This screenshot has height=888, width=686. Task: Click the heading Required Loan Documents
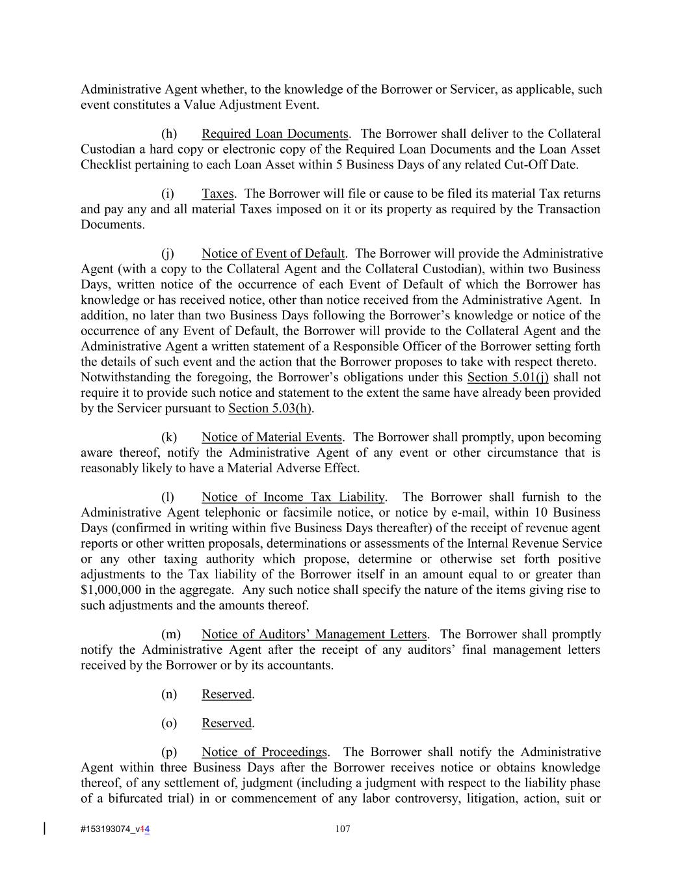pyautogui.click(x=274, y=134)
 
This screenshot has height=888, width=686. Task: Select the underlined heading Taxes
pyautogui.click(x=217, y=194)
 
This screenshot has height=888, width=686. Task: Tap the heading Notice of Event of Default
pyautogui.click(x=272, y=254)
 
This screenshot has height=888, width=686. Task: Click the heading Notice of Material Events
pyautogui.click(x=271, y=437)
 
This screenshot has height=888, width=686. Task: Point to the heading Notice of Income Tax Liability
pyautogui.click(x=293, y=497)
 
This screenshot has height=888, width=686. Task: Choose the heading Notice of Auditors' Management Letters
pyautogui.click(x=314, y=634)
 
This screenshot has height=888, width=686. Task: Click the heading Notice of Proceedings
pyautogui.click(x=264, y=752)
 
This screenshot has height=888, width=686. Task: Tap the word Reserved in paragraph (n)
pyautogui.click(x=226, y=694)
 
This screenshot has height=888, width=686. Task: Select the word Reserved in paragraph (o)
pyautogui.click(x=226, y=723)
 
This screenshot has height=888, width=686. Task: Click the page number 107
pyautogui.click(x=343, y=829)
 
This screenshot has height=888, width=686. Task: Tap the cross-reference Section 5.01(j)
pyautogui.click(x=508, y=377)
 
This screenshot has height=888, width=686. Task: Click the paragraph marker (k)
pyautogui.click(x=169, y=437)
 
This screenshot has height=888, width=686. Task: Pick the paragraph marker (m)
pyautogui.click(x=170, y=634)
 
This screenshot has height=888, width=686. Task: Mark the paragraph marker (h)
pyautogui.click(x=169, y=134)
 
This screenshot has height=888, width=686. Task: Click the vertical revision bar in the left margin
pyautogui.click(x=44, y=828)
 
